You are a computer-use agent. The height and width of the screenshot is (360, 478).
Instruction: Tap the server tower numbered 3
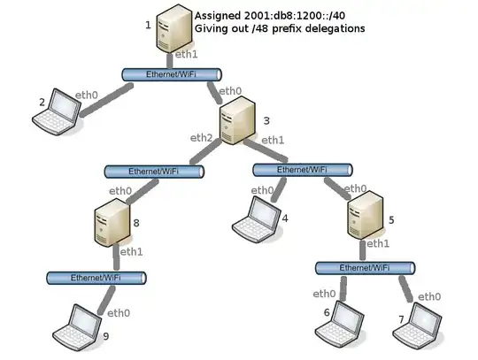236,121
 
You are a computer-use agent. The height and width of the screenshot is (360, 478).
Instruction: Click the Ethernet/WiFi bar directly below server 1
171,75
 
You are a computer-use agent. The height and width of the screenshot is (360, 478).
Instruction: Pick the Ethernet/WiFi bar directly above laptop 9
96,278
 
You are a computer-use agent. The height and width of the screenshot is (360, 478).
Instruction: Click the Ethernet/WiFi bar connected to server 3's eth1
302,169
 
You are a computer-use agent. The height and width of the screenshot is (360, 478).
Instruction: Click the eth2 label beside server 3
202,137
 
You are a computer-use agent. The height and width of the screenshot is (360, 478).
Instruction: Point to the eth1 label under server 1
187,54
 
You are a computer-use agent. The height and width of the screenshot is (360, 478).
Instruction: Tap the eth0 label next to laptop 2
86,95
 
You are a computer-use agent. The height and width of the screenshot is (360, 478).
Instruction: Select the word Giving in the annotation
213,29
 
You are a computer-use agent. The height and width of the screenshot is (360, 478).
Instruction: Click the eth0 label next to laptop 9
119,312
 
